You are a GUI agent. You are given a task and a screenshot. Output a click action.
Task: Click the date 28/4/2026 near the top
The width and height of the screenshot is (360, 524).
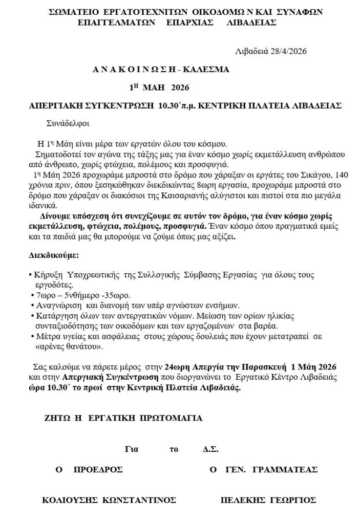point(289,51)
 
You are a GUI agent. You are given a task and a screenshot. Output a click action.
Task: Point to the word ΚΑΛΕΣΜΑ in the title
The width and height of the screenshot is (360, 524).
point(206,69)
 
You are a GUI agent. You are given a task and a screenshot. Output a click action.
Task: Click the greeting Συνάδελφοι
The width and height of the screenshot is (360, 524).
point(68,123)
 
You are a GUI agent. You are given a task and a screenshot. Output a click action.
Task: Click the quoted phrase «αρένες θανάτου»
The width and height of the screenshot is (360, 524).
point(69,346)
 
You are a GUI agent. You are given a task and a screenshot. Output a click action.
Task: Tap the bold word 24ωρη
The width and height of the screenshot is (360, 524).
point(176,367)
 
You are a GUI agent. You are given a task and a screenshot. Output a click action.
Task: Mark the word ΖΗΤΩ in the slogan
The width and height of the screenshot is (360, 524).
point(57,418)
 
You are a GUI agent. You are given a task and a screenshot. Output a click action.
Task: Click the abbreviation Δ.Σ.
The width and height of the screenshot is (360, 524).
point(210,449)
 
